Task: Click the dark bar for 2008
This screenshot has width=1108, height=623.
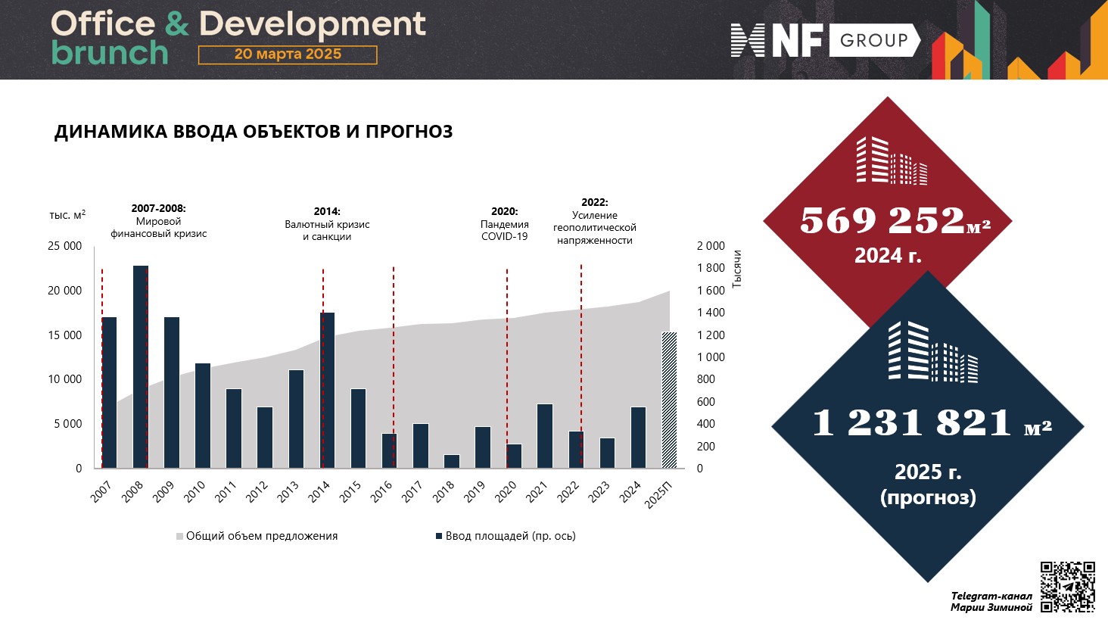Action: click(x=140, y=366)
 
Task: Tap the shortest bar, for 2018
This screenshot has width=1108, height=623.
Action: click(x=451, y=461)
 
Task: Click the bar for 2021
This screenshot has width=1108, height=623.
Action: click(x=545, y=436)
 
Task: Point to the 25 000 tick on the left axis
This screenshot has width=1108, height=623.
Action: click(x=65, y=246)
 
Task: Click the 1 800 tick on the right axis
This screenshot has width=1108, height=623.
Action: click(x=711, y=268)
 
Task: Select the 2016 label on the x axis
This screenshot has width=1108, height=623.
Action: click(x=381, y=491)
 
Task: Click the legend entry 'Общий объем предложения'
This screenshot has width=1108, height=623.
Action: click(x=261, y=536)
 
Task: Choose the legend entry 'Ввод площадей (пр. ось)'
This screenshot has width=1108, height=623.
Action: click(x=510, y=536)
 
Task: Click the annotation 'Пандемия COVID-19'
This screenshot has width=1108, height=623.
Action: click(x=504, y=230)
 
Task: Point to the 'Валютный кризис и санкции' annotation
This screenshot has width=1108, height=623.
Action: click(x=327, y=230)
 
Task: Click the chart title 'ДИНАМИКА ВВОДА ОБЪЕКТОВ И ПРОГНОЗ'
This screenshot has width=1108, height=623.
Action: click(x=254, y=132)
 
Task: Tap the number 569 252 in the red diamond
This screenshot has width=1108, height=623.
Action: click(x=882, y=220)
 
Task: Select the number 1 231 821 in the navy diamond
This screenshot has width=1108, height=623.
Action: click(x=912, y=422)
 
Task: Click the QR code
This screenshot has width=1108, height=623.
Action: click(x=1067, y=587)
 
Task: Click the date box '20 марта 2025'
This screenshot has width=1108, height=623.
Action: click(x=288, y=55)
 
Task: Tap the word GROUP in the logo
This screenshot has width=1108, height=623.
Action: click(x=873, y=40)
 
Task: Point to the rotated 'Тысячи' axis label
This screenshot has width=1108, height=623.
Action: click(x=737, y=269)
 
